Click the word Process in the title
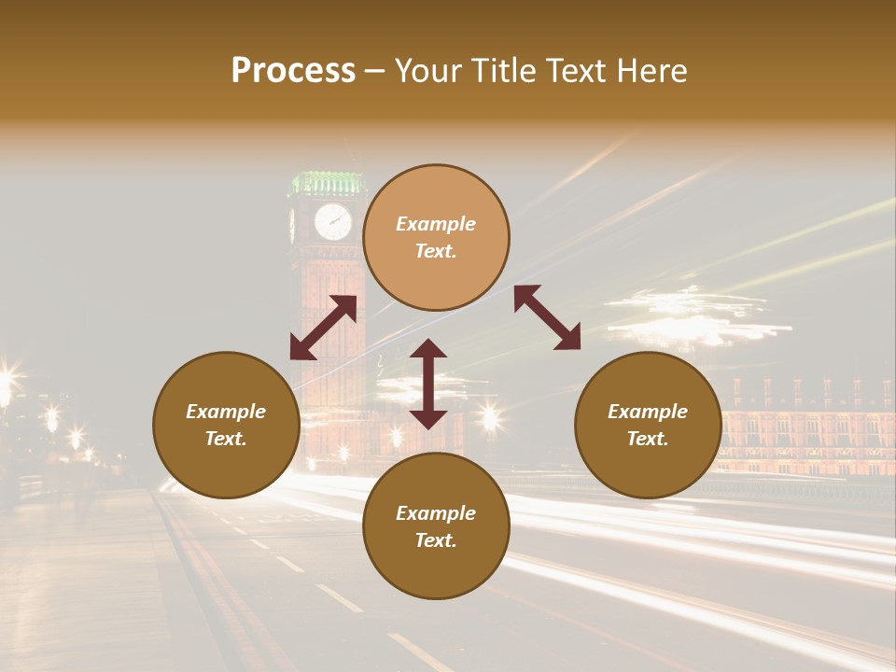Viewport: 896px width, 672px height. (x=293, y=71)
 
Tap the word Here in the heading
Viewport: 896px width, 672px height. (x=651, y=71)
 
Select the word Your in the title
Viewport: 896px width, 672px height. (x=429, y=71)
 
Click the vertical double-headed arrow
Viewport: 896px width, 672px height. (x=428, y=384)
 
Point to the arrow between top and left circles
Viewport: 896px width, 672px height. (x=323, y=328)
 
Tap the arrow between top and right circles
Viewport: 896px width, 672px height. (x=547, y=317)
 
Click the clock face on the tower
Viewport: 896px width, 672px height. (x=332, y=222)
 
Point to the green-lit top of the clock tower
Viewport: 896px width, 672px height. (x=326, y=182)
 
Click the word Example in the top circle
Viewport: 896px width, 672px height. (x=436, y=224)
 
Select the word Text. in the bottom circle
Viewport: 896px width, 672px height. (x=436, y=540)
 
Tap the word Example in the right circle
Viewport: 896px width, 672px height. (x=648, y=412)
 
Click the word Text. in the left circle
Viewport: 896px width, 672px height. (x=226, y=439)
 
